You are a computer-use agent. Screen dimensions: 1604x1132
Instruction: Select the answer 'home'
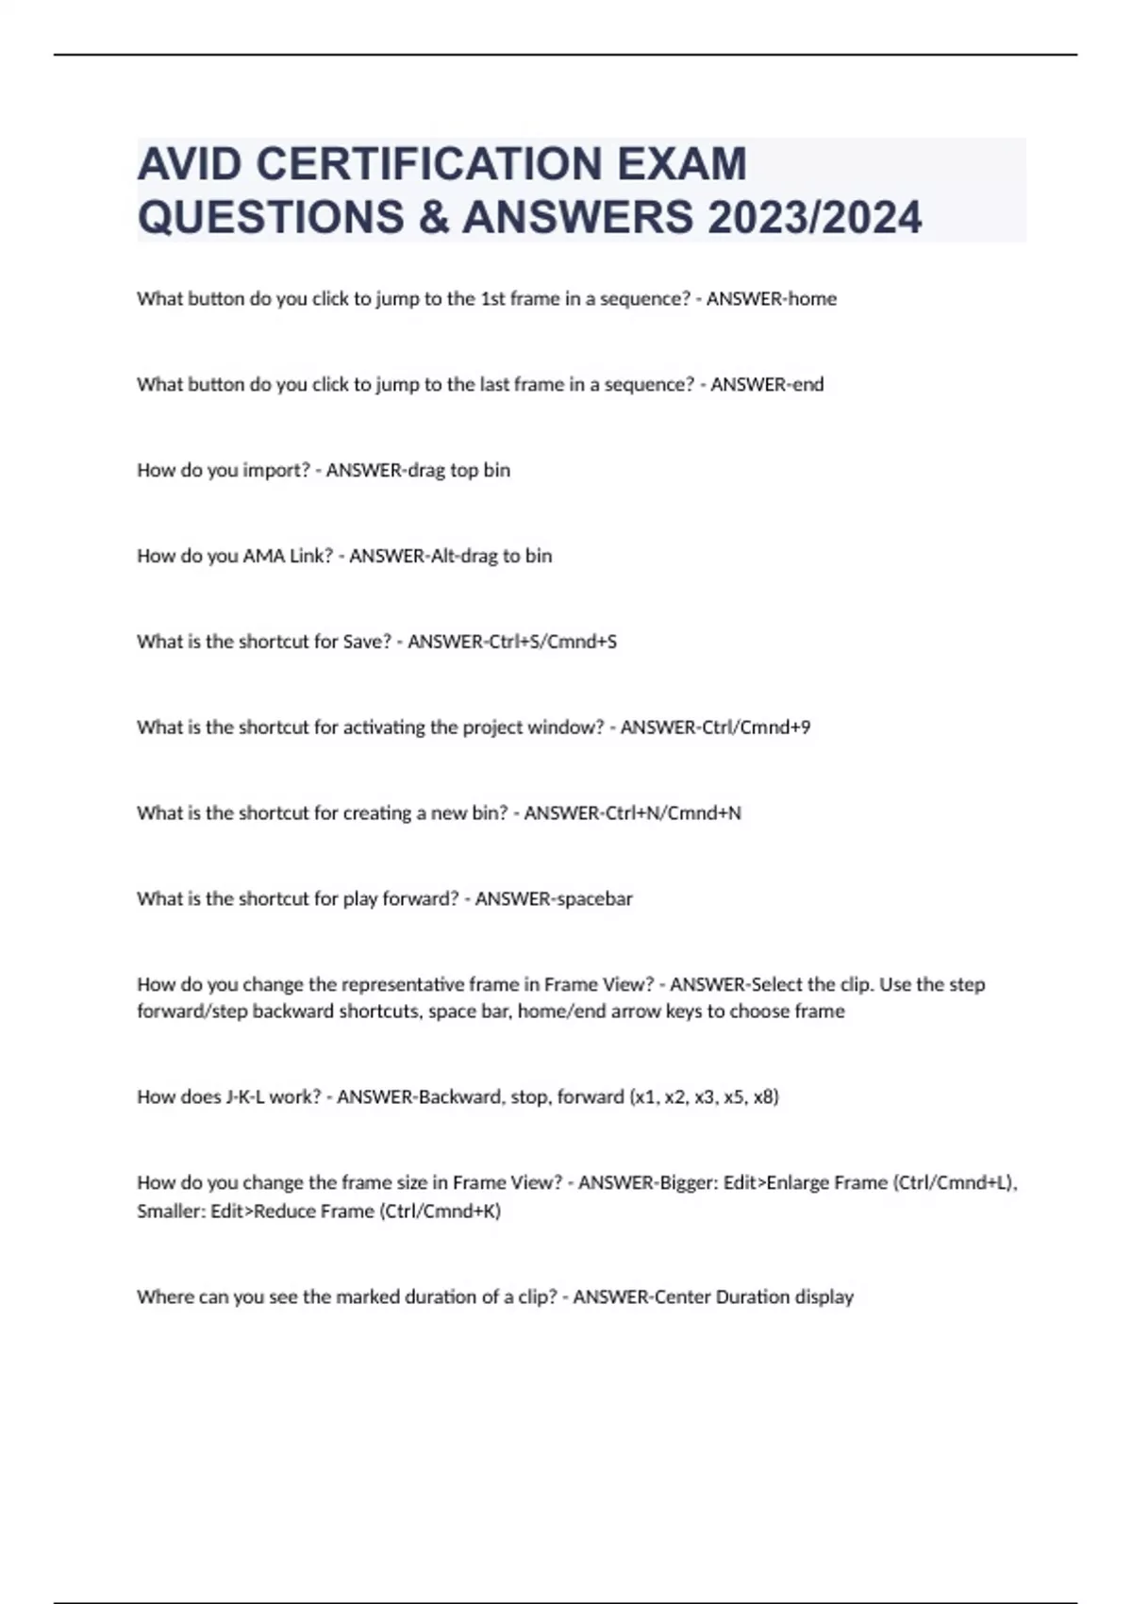coord(812,299)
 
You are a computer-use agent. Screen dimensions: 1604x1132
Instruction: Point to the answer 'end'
coord(807,385)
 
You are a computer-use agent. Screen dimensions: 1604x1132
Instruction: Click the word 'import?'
coord(276,471)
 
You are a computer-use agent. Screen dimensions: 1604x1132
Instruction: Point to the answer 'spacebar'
coord(594,899)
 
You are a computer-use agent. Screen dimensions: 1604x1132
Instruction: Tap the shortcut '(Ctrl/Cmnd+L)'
coord(954,1183)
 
